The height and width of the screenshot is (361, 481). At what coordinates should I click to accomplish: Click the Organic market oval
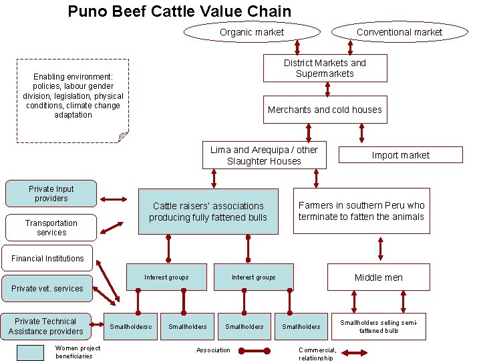point(252,32)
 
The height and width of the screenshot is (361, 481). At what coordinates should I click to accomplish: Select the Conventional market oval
point(399,32)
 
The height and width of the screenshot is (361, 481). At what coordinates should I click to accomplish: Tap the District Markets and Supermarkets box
point(325,68)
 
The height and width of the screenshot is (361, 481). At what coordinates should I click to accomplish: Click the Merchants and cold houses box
point(325,110)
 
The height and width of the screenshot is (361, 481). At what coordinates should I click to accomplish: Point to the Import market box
point(400,155)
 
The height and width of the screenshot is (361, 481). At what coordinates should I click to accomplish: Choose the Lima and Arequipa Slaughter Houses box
point(264,155)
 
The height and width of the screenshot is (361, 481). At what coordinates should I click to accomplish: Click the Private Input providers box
point(51,193)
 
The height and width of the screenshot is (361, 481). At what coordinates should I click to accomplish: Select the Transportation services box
point(51,227)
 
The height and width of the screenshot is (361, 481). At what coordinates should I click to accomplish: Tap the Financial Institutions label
point(47,259)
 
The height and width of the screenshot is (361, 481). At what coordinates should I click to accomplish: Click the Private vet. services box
point(47,289)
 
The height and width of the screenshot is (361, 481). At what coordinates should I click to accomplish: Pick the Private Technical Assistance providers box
point(46,326)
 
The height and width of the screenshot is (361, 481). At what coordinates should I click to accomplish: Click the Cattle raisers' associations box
point(208,212)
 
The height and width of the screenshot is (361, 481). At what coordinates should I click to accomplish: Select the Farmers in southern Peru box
point(361,211)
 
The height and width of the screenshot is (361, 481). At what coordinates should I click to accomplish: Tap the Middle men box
point(378,277)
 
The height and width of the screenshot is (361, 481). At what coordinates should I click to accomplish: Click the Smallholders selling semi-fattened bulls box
point(378,326)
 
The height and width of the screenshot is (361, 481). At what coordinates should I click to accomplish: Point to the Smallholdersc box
point(131,326)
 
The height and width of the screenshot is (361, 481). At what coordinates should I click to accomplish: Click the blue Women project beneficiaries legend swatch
point(30,352)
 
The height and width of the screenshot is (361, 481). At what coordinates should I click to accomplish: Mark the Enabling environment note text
point(73,96)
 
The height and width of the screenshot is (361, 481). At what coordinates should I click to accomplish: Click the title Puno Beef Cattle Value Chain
point(180,11)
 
